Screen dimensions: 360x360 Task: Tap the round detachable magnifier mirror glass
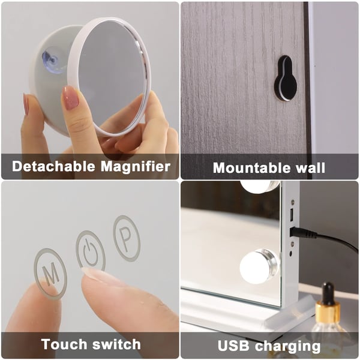[113, 76]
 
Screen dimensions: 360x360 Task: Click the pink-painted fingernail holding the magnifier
[71, 98]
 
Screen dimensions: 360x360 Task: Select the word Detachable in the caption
[53, 166]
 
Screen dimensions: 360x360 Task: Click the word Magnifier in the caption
[136, 166]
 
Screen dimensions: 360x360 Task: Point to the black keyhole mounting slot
[286, 78]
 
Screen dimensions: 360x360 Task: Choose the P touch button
[127, 238]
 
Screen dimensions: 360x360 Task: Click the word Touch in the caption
[64, 344]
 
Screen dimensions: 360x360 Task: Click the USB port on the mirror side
[292, 215]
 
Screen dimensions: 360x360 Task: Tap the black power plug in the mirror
[304, 233]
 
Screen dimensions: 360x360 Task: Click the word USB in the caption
[233, 346]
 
